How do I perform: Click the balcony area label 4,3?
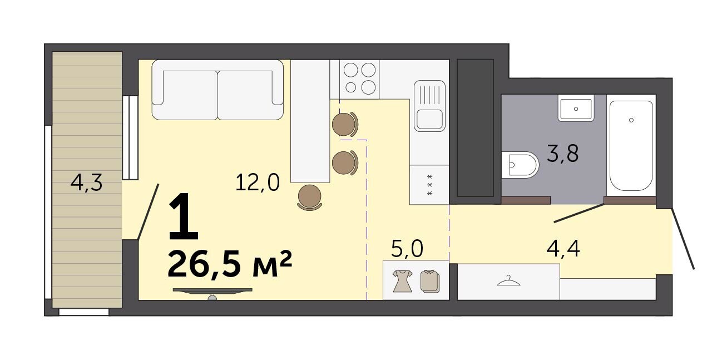point(86,183)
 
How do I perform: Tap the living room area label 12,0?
point(258,183)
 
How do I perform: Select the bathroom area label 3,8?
point(563,154)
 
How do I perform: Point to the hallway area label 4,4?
point(563,249)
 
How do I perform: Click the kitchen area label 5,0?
point(407,249)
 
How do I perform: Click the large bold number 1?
point(184,216)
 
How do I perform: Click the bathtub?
point(631,146)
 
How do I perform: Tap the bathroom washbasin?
point(576,108)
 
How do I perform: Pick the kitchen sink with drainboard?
point(429,106)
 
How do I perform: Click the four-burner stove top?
point(359,79)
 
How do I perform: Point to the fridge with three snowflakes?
point(429,185)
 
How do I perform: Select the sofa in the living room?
point(217,90)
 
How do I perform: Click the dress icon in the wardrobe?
point(402,281)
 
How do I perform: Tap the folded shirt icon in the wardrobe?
point(430,281)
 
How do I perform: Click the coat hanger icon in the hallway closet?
point(508,281)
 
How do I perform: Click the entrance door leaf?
point(683,239)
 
